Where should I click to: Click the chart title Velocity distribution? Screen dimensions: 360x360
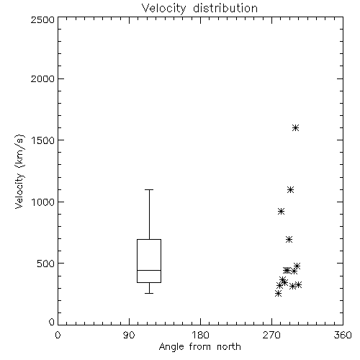tap(199, 8)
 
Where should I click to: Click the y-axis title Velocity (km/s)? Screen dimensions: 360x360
tap(19, 171)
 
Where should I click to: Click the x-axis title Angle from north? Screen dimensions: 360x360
tap(199, 346)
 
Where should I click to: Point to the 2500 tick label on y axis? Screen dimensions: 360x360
tap(42, 19)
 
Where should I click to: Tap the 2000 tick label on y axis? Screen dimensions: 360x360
tap(42, 78)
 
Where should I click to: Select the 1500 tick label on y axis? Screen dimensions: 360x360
tap(43, 140)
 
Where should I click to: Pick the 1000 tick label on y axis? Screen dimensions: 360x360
tap(43, 202)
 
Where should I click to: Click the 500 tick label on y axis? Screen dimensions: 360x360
tap(46, 264)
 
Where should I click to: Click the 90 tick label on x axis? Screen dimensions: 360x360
tap(129, 335)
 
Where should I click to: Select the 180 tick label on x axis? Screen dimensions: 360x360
tap(200, 335)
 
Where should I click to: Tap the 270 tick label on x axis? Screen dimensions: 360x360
tap(271, 335)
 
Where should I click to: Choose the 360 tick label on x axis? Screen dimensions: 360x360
tap(343, 335)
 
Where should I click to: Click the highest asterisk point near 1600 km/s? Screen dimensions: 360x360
tap(295, 127)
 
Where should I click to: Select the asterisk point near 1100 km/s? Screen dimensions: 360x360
tap(290, 190)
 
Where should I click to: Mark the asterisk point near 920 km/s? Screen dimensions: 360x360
tap(281, 212)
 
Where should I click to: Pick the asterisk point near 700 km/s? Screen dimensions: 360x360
tap(289, 239)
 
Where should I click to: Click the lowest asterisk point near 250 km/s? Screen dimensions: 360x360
tap(278, 293)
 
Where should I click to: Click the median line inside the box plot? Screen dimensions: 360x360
tap(149, 270)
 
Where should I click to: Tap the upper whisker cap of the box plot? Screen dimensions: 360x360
tap(149, 189)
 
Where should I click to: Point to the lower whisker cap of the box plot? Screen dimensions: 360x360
tap(149, 293)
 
